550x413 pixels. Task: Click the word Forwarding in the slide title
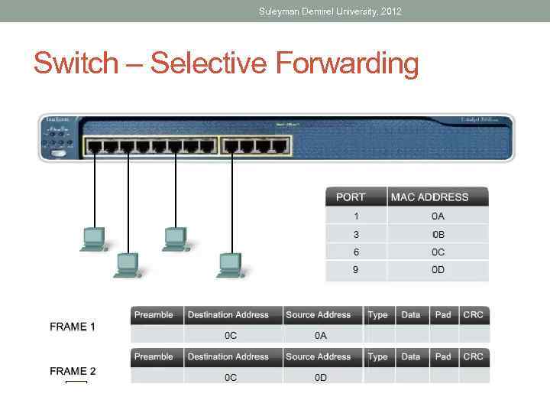(347, 63)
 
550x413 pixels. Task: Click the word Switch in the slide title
(76, 63)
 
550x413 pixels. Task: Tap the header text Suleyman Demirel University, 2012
(330, 11)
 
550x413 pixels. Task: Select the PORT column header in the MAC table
(351, 197)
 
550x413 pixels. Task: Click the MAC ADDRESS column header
(429, 197)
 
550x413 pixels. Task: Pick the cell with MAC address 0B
(438, 234)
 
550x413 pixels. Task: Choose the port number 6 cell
(356, 252)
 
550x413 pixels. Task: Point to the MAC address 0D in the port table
(438, 271)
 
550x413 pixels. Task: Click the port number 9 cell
(356, 271)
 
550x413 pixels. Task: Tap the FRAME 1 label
(73, 327)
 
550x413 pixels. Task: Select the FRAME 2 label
(73, 371)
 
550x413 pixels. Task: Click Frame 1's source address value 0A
(320, 335)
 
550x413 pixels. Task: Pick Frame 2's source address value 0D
(320, 377)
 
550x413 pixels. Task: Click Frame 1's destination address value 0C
(230, 335)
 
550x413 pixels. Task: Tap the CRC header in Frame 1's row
(473, 314)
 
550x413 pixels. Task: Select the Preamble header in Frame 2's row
(154, 356)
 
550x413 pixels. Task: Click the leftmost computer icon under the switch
(94, 239)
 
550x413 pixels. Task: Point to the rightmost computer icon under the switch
(230, 265)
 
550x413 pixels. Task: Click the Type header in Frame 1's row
(377, 314)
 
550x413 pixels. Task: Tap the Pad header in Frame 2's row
(443, 356)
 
